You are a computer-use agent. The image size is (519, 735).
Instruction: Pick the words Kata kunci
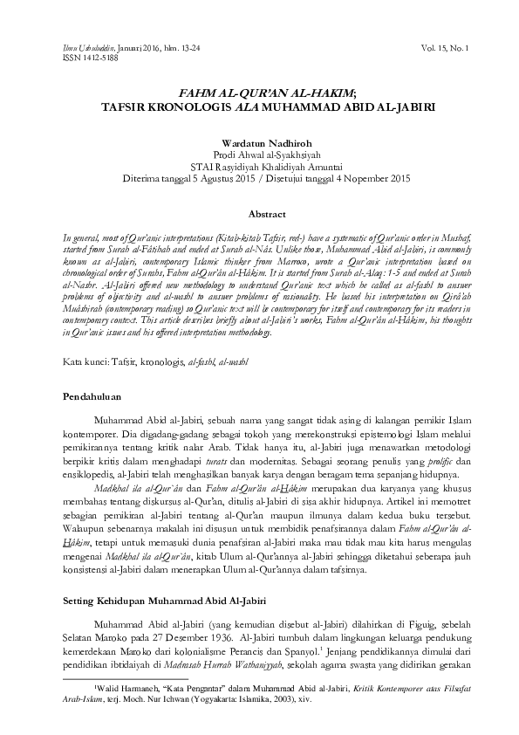(85, 361)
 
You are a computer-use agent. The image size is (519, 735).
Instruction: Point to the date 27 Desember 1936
(200, 637)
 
